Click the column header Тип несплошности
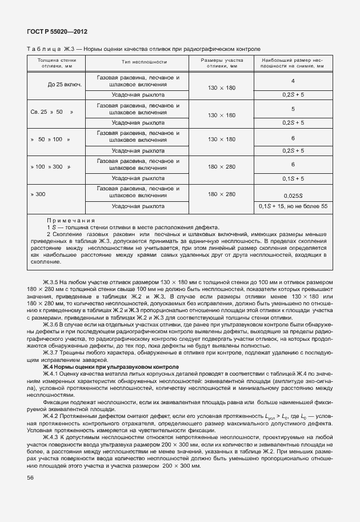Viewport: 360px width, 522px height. (143, 62)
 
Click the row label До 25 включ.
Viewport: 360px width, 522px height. (65, 85)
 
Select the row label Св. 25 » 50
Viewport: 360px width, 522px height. (52, 112)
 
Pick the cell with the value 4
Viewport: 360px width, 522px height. (293, 81)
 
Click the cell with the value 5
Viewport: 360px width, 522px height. (293, 108)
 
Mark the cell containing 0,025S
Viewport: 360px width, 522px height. (293, 195)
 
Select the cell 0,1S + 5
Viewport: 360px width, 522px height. (293, 178)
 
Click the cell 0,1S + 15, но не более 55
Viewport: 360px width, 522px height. (293, 206)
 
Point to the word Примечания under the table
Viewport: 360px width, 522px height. (71, 221)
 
